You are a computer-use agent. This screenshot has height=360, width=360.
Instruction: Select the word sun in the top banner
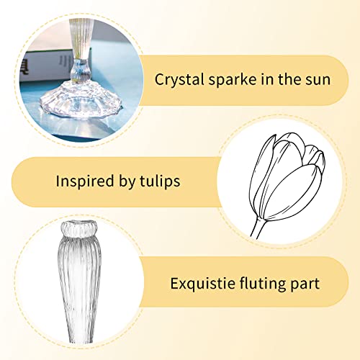[318, 80]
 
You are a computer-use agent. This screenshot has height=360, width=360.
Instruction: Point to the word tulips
[158, 180]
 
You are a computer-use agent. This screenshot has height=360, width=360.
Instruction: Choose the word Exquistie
[202, 284]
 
